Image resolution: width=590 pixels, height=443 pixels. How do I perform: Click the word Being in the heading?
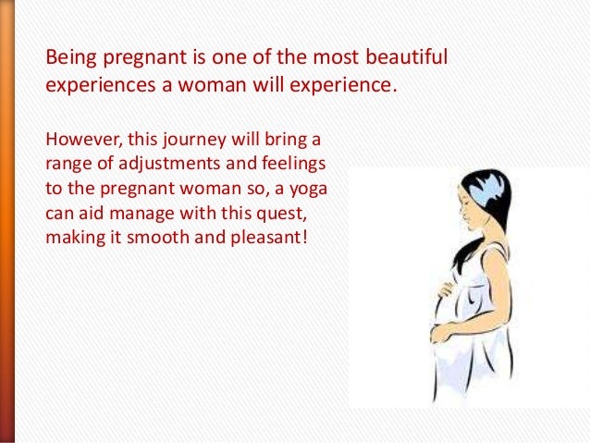pos(70,58)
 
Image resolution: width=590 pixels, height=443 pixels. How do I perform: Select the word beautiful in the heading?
pos(406,56)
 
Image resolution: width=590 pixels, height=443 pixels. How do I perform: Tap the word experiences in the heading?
pos(101,86)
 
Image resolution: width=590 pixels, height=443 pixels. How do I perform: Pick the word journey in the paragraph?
pos(195,141)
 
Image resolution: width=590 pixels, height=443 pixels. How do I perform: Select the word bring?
pos(286,141)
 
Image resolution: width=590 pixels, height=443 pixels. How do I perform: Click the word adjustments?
pos(169,165)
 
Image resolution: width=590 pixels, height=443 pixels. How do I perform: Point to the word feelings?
pos(294,165)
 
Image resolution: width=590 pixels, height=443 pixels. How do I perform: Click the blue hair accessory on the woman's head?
pos(487,187)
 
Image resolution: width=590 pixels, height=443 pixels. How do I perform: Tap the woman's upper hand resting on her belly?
pos(446,289)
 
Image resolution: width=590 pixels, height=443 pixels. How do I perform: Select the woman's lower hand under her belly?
pos(439,333)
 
